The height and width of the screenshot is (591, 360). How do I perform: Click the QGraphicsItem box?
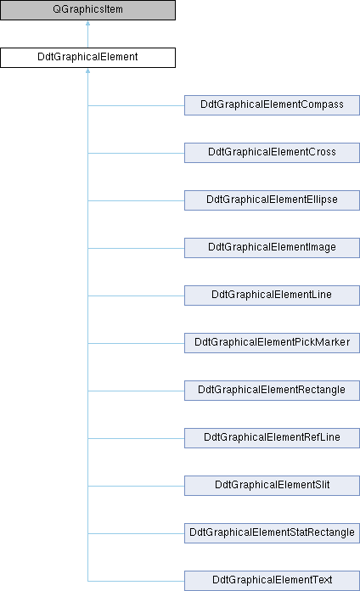click(x=87, y=10)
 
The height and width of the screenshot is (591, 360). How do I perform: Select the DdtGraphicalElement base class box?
click(x=87, y=58)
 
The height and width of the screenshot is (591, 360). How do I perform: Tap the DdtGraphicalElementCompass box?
click(x=272, y=105)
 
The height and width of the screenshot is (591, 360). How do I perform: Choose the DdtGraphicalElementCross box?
click(x=272, y=153)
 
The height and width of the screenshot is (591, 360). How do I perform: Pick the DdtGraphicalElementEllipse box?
click(x=272, y=200)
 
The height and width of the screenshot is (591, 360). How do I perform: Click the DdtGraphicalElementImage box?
click(x=272, y=248)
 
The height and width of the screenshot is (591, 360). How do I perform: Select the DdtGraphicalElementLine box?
click(x=272, y=295)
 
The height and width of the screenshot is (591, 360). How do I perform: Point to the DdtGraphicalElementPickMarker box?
click(x=272, y=342)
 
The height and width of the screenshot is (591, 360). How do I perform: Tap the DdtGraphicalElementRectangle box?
click(x=272, y=390)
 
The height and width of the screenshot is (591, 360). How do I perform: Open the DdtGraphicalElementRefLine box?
click(x=272, y=437)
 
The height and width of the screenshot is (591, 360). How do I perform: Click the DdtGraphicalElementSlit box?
click(x=272, y=486)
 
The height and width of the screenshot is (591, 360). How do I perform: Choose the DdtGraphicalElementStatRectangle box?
click(x=272, y=533)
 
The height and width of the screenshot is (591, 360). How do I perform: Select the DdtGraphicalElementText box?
click(x=272, y=581)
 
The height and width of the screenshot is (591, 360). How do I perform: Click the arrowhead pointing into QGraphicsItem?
click(x=87, y=23)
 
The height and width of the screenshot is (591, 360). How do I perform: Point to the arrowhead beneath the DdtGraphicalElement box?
click(x=87, y=70)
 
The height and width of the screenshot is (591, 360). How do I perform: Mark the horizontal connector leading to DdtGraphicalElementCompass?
click(x=136, y=105)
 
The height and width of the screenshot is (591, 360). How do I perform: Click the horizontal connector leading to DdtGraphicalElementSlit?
click(x=136, y=486)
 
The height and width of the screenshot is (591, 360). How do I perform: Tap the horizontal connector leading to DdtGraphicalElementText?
click(x=136, y=581)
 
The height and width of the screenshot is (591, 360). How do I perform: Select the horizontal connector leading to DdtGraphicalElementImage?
click(x=136, y=248)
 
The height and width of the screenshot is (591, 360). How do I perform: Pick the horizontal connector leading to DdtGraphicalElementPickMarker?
click(x=136, y=343)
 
